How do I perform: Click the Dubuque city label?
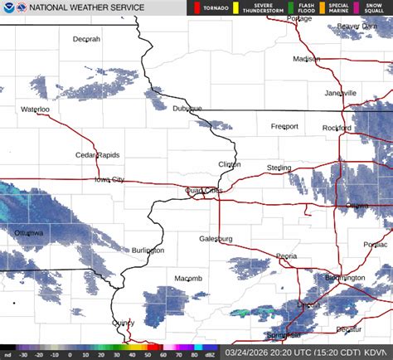click(x=187, y=109)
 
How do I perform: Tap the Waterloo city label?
click(x=36, y=109)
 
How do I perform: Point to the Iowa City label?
click(x=109, y=179)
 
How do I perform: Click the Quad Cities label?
click(x=203, y=190)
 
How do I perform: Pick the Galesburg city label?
click(x=216, y=239)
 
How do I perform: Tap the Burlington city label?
click(x=148, y=250)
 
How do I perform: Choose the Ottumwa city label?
click(x=28, y=233)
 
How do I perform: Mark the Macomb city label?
click(x=188, y=278)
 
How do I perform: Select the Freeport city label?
click(x=284, y=126)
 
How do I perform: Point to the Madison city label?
click(x=306, y=59)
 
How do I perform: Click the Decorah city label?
click(x=86, y=39)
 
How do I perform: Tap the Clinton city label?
click(x=230, y=164)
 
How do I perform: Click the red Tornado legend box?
click(x=197, y=8)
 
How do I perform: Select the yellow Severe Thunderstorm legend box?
click(x=235, y=8)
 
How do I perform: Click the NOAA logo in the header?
click(x=8, y=8)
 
